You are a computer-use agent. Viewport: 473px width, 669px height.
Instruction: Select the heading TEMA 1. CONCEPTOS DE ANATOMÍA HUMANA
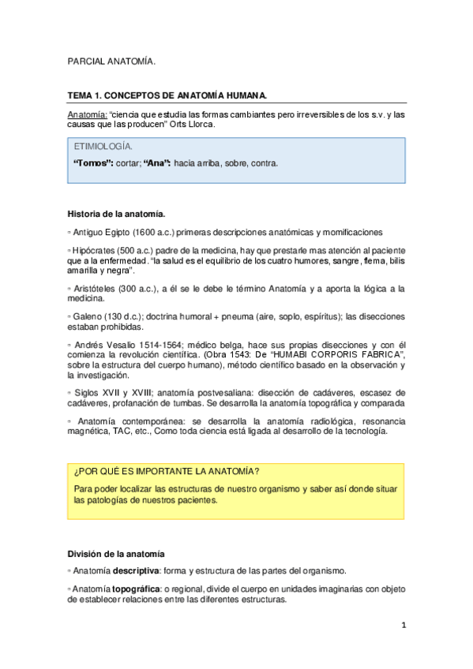(167, 95)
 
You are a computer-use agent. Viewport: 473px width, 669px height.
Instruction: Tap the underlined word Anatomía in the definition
(87, 114)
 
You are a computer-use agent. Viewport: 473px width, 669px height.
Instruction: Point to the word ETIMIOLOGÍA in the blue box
(103, 147)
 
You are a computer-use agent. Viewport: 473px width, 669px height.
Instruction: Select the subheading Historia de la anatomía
(117, 213)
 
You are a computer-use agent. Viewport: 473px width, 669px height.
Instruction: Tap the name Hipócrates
(96, 250)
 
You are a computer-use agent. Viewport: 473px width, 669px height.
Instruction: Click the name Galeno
(88, 316)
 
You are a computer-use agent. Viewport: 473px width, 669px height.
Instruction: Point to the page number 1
(403, 626)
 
